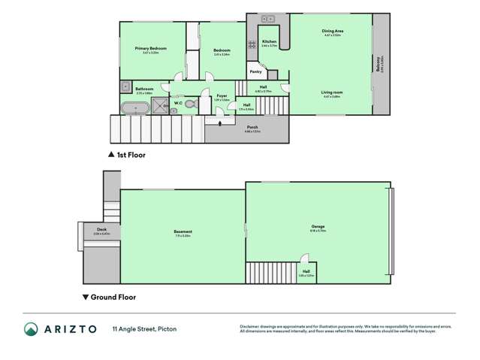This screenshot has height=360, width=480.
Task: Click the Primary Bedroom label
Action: click(x=150, y=49)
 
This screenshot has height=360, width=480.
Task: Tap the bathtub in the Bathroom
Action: click(x=135, y=107)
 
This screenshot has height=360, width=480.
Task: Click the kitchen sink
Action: click(x=268, y=18)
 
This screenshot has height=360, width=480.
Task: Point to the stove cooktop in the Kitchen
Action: click(x=252, y=44)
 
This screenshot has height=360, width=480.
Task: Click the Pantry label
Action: click(x=255, y=72)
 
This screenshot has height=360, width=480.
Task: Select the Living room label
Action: click(x=332, y=92)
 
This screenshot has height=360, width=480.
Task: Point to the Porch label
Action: click(x=252, y=127)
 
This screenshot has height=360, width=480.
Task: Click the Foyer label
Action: click(x=222, y=96)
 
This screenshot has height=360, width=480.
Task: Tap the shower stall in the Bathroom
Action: click(x=160, y=106)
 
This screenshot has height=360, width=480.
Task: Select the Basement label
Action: click(x=183, y=231)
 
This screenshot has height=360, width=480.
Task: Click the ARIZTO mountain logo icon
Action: click(x=32, y=329)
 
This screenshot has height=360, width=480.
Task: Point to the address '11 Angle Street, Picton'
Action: click(x=145, y=329)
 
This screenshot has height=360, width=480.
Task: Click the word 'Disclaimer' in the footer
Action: click(x=250, y=325)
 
